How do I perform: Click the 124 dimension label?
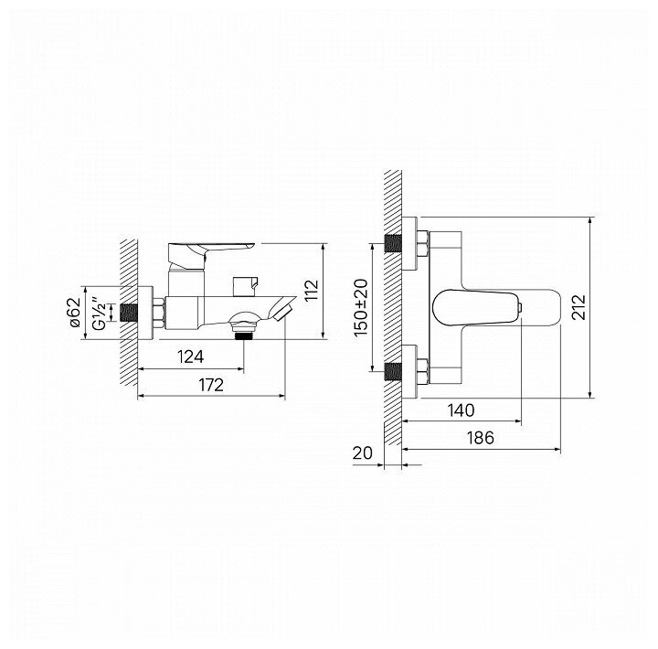point(190,356)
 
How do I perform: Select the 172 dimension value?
point(211,385)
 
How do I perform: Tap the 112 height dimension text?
point(312,291)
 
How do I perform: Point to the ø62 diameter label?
point(75,313)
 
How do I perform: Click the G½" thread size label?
point(99,314)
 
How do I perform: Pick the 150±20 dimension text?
point(360,308)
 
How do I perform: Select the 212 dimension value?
point(578,307)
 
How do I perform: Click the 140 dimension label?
point(461,410)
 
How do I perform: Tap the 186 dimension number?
point(481,438)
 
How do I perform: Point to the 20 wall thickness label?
point(363,453)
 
